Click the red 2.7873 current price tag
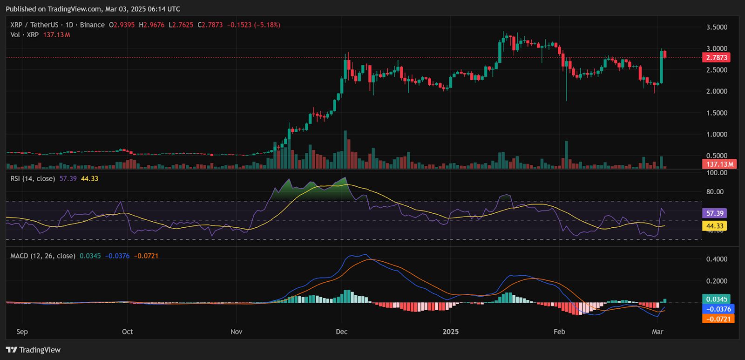717,58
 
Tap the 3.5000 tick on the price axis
717,27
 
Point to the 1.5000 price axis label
717,113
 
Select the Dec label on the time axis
341,332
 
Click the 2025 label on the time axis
450,332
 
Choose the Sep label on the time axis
22,332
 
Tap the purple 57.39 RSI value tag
715,213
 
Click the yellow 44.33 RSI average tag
715,226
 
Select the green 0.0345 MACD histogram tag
717,299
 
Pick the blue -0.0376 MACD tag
718,309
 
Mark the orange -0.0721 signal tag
718,319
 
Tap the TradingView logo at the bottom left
34,350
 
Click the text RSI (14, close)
33,178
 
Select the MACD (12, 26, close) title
43,256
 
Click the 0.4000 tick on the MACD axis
717,259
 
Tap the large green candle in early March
661,67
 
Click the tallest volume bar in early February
567,154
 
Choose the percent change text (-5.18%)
267,25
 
